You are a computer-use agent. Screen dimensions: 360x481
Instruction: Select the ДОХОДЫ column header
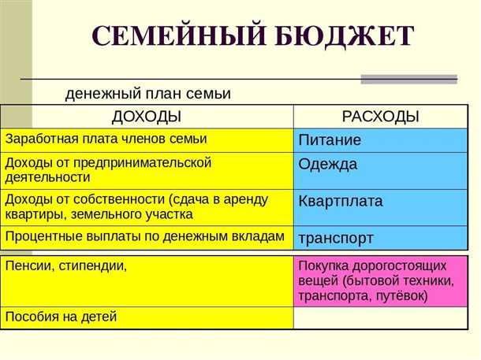click(147, 117)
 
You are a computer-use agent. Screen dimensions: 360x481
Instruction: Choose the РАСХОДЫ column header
click(380, 117)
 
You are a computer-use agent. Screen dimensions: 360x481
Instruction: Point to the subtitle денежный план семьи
click(147, 94)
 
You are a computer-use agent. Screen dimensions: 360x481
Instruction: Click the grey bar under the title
click(408, 79)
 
